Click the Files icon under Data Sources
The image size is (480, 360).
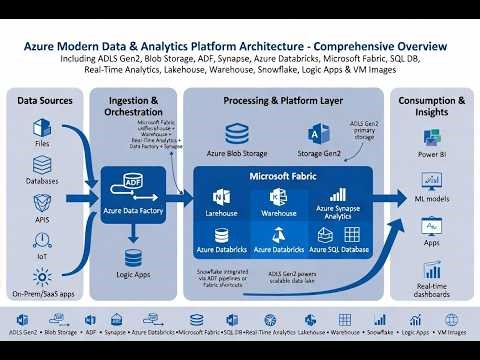point(41,127)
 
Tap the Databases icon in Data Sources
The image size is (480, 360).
point(41,165)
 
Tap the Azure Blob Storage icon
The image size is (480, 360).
point(237,135)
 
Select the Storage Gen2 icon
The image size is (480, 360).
point(319,135)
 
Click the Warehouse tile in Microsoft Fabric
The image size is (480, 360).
point(279,201)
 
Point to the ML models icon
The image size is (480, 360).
point(432,180)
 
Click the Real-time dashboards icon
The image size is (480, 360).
point(432,270)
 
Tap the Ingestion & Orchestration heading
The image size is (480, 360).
point(133,107)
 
